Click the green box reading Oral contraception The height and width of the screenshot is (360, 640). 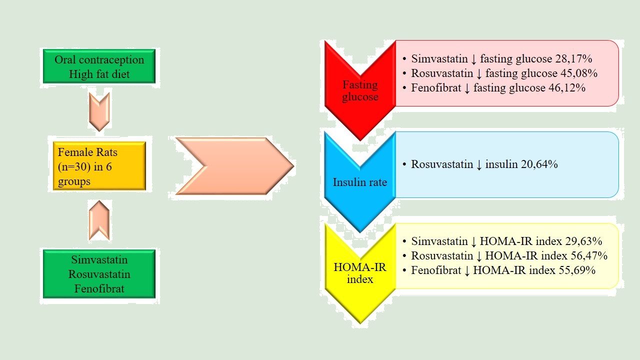click(99, 66)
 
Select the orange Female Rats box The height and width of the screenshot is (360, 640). click(99, 166)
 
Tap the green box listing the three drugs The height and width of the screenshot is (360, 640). click(99, 274)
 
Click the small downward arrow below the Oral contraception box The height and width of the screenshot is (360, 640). click(99, 111)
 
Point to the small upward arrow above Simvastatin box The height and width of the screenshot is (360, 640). click(99, 220)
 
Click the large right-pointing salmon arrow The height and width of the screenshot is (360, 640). click(234, 166)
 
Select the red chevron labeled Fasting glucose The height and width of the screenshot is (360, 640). click(360, 90)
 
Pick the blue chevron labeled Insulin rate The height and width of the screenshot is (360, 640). click(360, 182)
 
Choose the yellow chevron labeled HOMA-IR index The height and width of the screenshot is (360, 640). click(360, 273)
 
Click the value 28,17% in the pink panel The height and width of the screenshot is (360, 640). click(573, 58)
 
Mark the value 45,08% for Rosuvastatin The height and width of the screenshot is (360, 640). click(579, 73)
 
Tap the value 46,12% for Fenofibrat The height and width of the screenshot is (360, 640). click(567, 87)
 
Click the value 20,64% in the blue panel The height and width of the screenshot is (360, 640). click(539, 164)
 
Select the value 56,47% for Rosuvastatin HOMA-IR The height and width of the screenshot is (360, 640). click(589, 255)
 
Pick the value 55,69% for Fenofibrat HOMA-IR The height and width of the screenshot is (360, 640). click(577, 270)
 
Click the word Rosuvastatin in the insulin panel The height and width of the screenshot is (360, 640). click(442, 164)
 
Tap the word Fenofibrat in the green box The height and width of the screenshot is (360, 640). click(99, 288)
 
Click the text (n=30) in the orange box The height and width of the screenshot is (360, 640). click(72, 167)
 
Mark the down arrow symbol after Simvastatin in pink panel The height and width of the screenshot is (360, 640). click(473, 59)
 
